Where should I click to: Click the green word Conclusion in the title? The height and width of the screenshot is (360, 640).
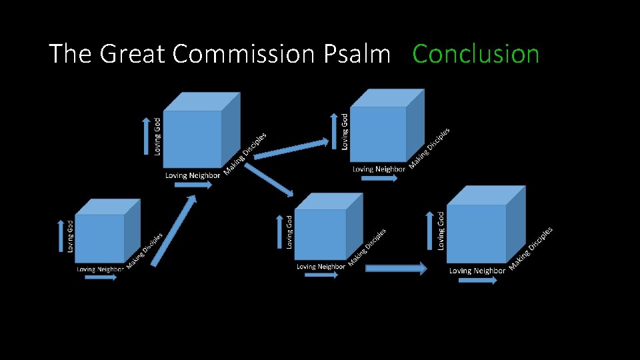pyautogui.click(x=476, y=54)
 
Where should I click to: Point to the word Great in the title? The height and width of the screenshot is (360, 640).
pyautogui.click(x=133, y=54)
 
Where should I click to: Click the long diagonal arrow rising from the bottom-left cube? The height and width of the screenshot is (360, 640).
pyautogui.click(x=173, y=231)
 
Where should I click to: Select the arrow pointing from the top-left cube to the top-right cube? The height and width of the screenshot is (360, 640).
pyautogui.click(x=292, y=148)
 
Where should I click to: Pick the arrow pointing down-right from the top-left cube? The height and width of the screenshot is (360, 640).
pyautogui.click(x=271, y=180)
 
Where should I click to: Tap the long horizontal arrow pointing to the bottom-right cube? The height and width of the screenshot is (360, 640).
pyautogui.click(x=396, y=268)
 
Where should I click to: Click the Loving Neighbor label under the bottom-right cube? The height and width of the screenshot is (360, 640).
pyautogui.click(x=477, y=271)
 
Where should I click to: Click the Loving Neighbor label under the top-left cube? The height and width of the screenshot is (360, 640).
pyautogui.click(x=193, y=175)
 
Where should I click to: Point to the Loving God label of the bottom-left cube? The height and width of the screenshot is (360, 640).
pyautogui.click(x=71, y=236)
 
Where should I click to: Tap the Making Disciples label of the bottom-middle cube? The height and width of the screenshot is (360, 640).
pyautogui.click(x=367, y=246)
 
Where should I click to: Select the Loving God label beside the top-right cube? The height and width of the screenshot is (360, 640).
pyautogui.click(x=345, y=131)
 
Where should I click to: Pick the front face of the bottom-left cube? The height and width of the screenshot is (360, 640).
pyautogui.click(x=100, y=238)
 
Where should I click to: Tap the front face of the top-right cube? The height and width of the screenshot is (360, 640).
pyautogui.click(x=378, y=133)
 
